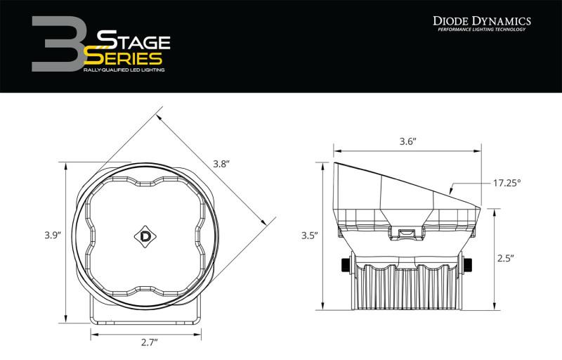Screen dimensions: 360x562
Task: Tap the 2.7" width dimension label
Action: click(148, 342)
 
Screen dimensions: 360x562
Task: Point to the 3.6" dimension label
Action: click(406, 141)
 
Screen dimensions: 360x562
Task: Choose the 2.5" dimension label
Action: click(504, 259)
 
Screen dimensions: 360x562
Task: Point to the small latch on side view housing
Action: click(406, 232)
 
